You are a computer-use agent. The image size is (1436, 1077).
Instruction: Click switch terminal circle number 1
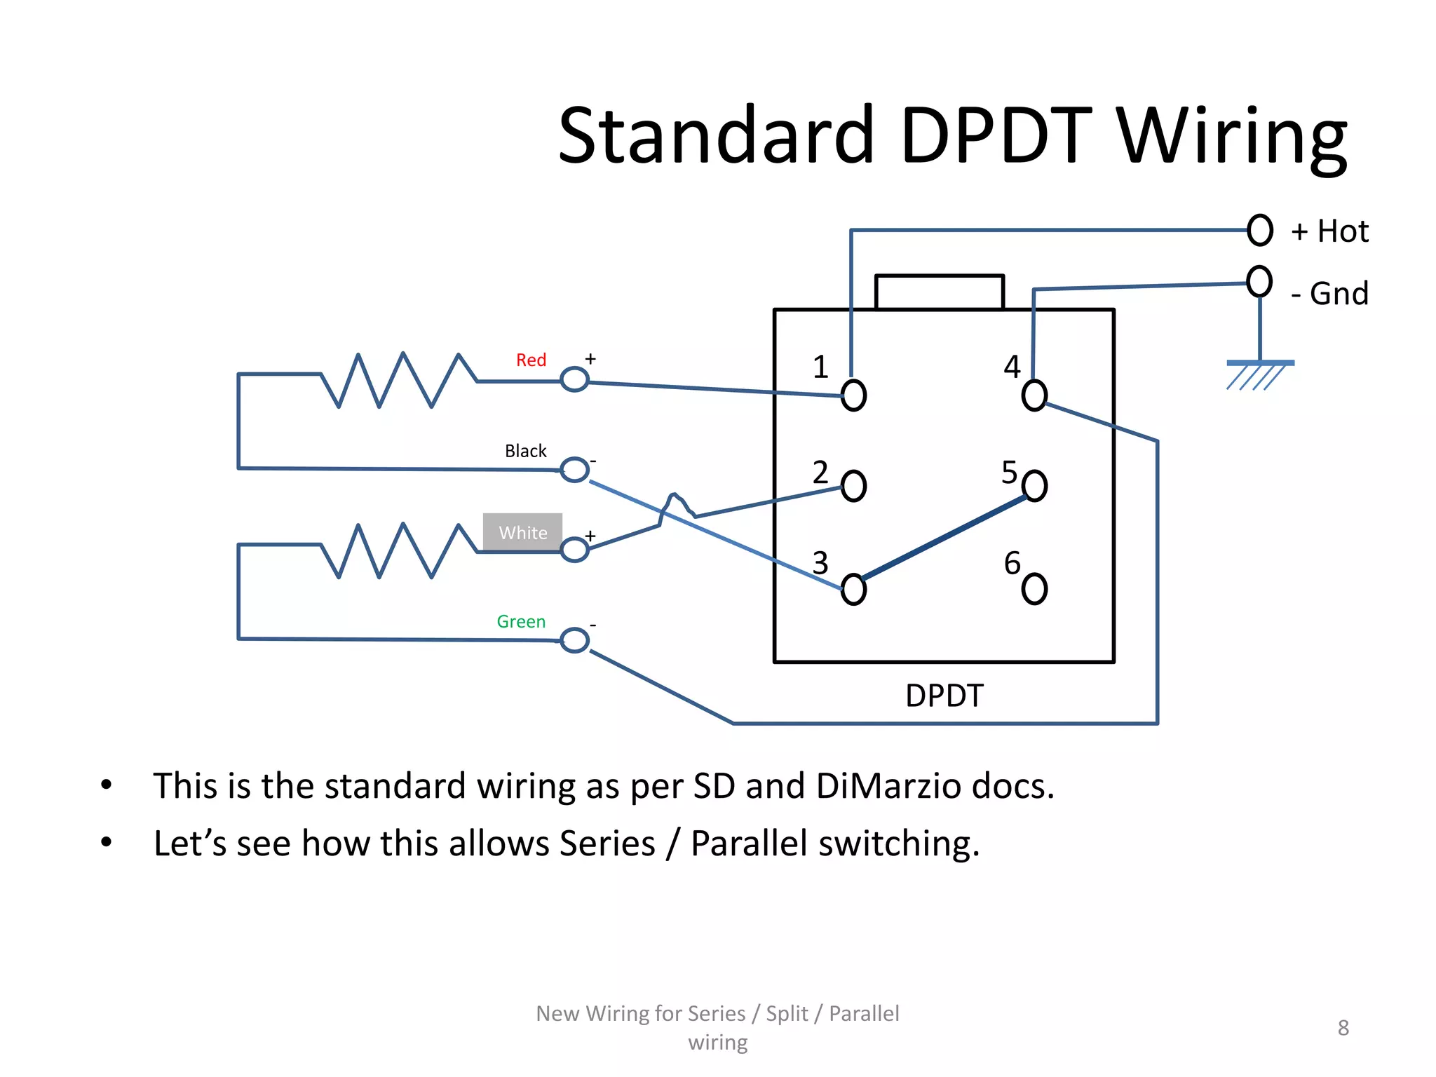pos(853,395)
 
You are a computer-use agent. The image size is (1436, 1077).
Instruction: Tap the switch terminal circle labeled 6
pos(1034,588)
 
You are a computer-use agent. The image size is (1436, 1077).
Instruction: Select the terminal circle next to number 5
pos(1034,485)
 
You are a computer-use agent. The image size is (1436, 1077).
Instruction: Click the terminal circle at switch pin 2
pos(853,486)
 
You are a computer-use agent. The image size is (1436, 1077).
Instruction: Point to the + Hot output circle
pos(1259,230)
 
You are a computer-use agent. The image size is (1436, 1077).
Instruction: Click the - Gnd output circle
pos(1259,281)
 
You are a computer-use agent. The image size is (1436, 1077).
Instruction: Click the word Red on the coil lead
pos(531,360)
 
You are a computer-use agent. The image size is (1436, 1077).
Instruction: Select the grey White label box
pos(522,532)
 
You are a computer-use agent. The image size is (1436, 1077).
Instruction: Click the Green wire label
pos(521,622)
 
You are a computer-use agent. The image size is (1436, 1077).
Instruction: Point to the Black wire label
pos(525,451)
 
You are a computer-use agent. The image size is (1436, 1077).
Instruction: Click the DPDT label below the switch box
pos(944,696)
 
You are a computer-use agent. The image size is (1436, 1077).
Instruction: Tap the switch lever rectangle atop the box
pos(939,292)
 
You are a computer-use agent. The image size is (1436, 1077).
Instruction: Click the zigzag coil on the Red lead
pos(398,380)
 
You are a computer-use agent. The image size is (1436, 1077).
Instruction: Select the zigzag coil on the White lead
pos(398,551)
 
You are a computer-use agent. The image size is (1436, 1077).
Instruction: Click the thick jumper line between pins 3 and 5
pos(944,537)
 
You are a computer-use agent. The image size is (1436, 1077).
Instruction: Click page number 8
pos(1343,1028)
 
